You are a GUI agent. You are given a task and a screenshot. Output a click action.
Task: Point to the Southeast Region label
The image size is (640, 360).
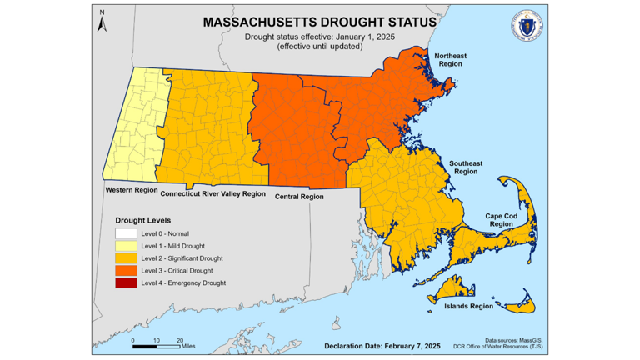click(x=466, y=167)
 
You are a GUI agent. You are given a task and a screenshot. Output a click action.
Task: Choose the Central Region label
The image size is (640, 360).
click(x=299, y=197)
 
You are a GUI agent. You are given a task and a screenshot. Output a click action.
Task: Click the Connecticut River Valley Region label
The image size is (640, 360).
click(x=213, y=193)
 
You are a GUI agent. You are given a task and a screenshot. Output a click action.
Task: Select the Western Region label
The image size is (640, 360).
click(x=132, y=190)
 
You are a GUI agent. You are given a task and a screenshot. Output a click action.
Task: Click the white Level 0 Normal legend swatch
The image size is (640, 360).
click(x=126, y=233)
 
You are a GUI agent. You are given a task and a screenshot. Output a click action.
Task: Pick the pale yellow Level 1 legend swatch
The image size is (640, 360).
click(x=126, y=246)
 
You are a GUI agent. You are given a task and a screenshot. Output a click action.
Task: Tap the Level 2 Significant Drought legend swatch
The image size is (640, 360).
click(x=126, y=258)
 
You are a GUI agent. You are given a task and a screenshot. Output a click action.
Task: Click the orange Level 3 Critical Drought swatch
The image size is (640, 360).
click(x=126, y=271)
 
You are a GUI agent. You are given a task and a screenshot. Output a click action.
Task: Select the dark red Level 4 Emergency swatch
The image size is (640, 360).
click(x=126, y=283)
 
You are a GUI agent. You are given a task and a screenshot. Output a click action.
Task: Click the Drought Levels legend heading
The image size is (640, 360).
click(x=143, y=219)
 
